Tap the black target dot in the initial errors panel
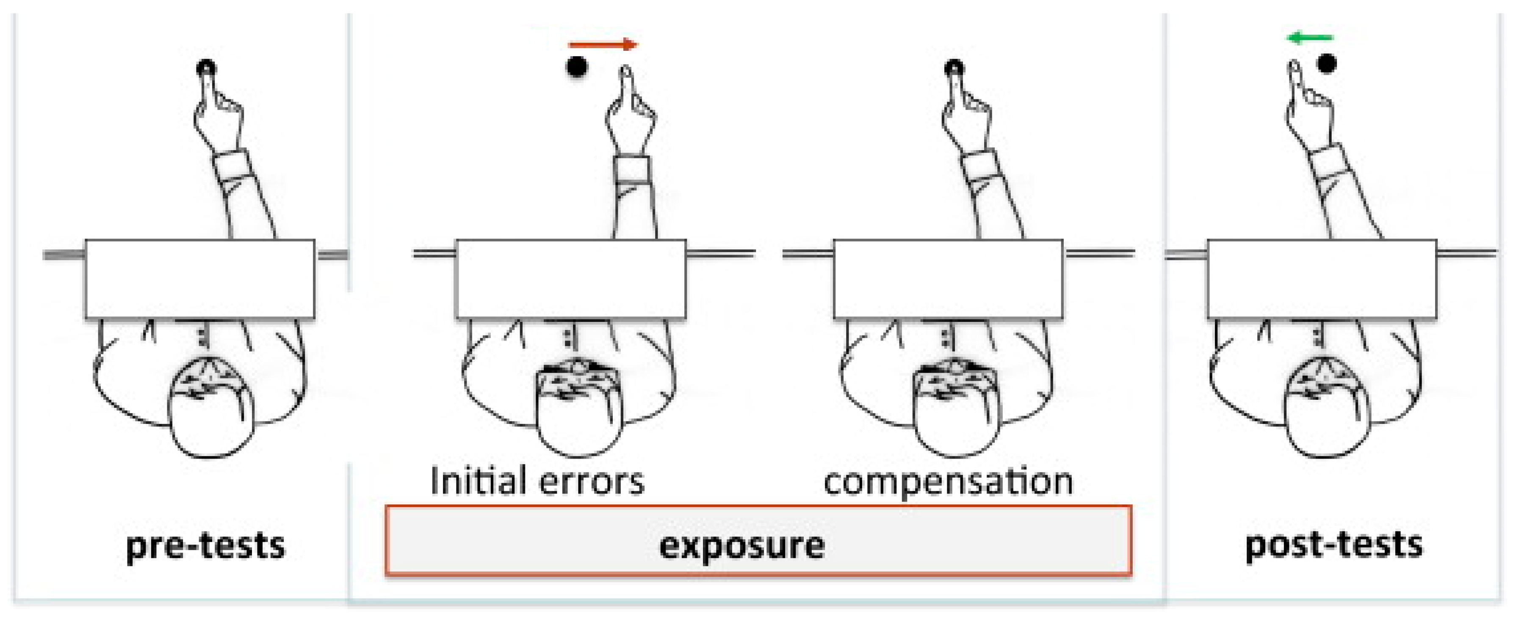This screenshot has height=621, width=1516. point(577,67)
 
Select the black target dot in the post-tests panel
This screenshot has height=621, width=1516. point(1327,63)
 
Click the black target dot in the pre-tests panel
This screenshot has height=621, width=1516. point(206,68)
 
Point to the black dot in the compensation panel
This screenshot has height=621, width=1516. point(954,68)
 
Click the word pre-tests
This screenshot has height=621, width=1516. point(205,546)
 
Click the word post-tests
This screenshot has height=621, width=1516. point(1333,544)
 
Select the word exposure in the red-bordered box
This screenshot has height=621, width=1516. point(741,546)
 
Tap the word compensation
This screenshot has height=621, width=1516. point(948,482)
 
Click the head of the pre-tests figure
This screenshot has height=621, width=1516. point(211,406)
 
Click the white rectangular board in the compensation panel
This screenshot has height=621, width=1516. point(948,279)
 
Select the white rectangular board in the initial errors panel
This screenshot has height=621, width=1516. point(571,279)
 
